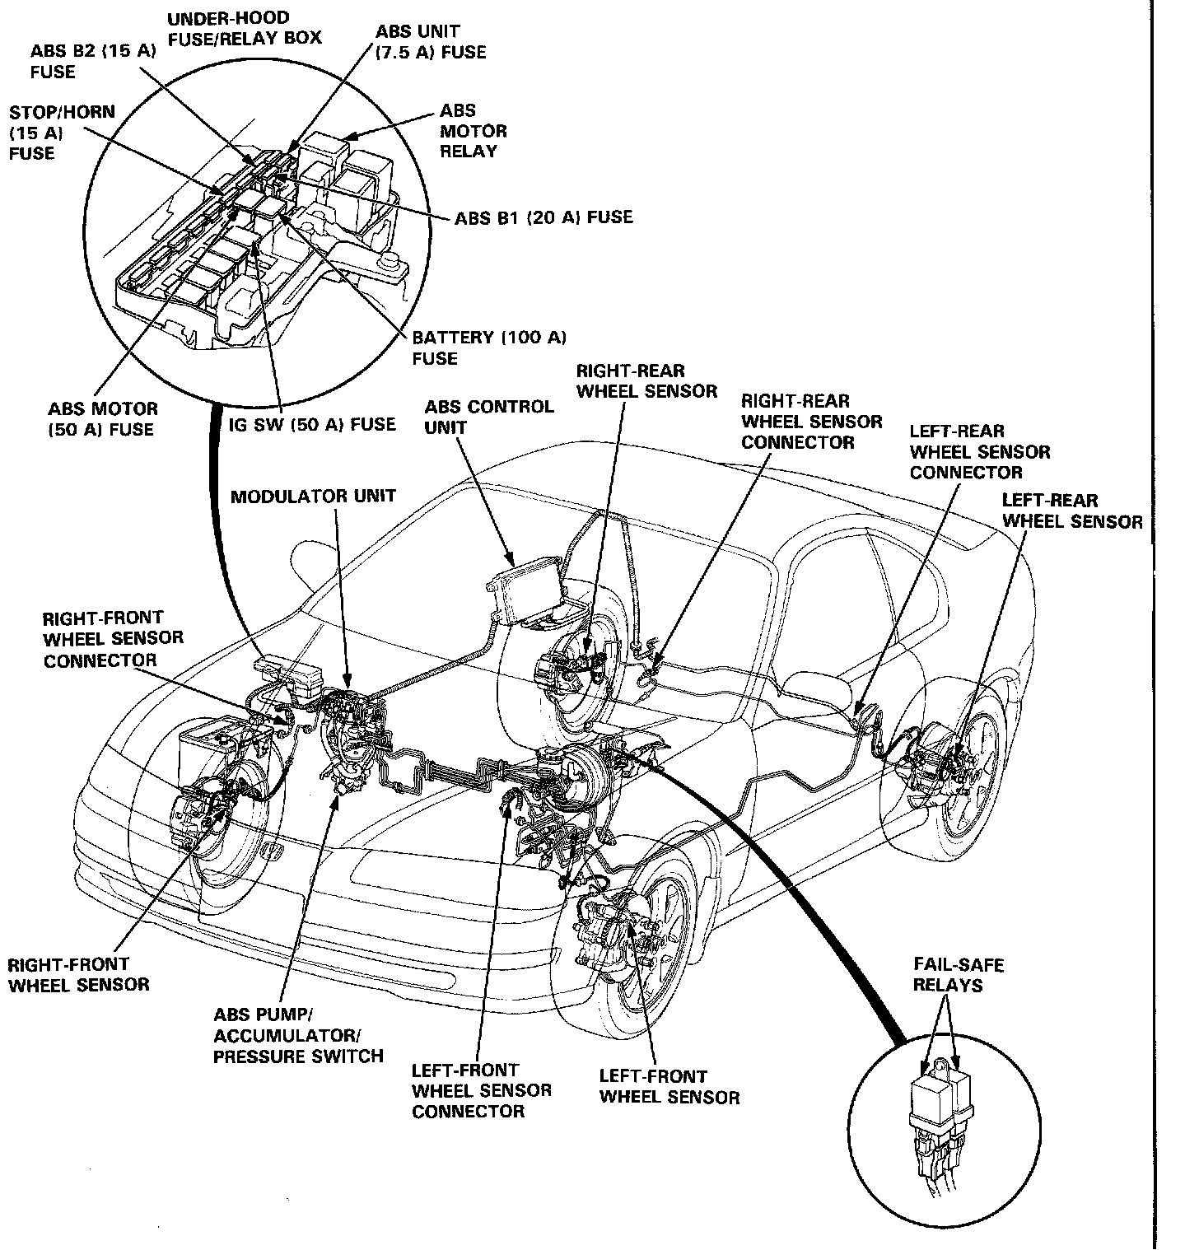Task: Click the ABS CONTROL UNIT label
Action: [489, 417]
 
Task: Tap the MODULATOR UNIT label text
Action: [313, 497]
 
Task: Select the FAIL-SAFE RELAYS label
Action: [958, 975]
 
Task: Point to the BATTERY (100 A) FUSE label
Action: [489, 347]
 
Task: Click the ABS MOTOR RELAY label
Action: [473, 131]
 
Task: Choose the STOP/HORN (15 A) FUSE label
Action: [62, 132]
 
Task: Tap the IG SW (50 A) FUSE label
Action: [312, 424]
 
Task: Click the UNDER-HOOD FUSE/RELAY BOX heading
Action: [244, 28]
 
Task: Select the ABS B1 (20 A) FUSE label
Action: [544, 217]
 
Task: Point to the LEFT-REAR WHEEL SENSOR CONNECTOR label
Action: [979, 451]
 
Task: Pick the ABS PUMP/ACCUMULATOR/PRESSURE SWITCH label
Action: [297, 1036]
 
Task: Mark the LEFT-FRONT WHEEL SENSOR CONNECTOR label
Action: [481, 1090]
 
